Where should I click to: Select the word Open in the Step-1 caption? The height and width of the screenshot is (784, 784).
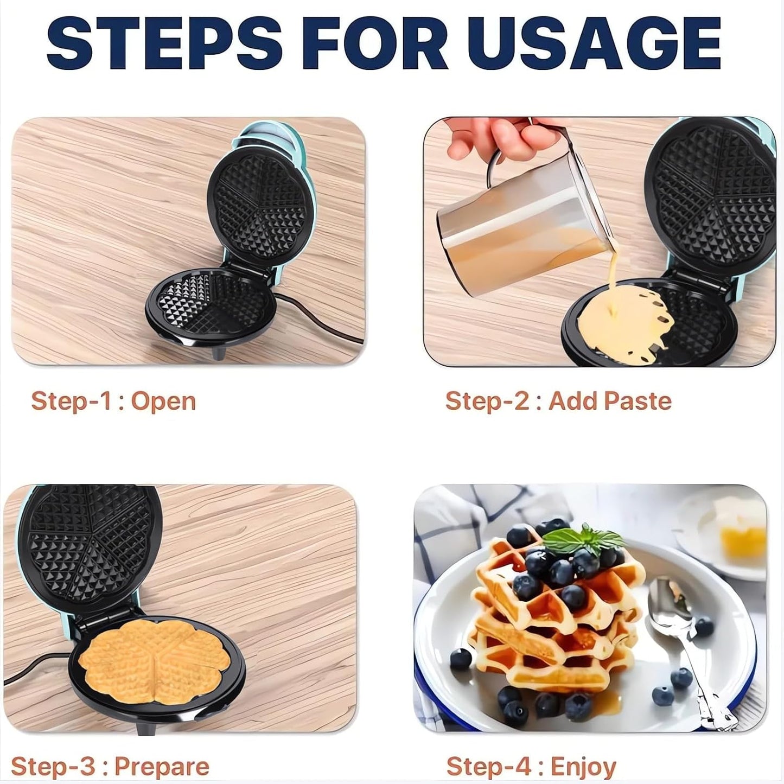[163, 401]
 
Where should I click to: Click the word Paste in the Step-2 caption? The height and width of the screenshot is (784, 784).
[638, 401]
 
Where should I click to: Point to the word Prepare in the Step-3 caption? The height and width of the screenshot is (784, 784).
[162, 767]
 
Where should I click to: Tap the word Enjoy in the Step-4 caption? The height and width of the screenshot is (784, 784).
[583, 767]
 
